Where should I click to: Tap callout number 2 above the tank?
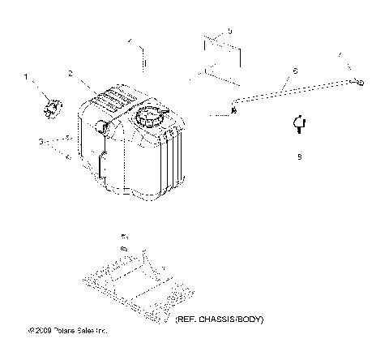(71, 74)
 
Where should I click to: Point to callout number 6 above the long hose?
(293, 71)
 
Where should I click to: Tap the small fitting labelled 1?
(52, 105)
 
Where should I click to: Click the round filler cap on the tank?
(152, 119)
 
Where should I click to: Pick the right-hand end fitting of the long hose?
(357, 81)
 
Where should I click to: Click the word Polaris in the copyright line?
(64, 331)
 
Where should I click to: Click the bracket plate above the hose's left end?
(220, 54)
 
